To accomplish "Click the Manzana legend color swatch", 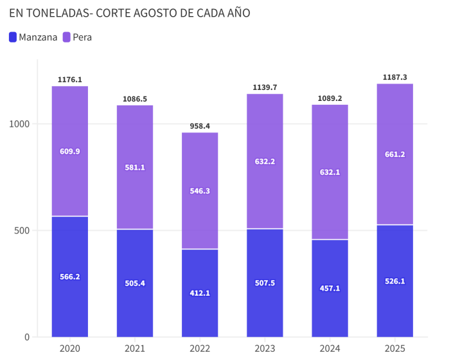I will tap(13, 37).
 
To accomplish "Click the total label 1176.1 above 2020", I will tap(70, 80).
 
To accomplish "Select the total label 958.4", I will tap(200, 126).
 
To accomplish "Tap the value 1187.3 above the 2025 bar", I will tap(394, 77).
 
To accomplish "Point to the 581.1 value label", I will tap(135, 167).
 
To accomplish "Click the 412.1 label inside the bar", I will tap(200, 293).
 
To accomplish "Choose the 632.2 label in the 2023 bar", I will tap(265, 161).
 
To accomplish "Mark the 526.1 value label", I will tap(394, 281).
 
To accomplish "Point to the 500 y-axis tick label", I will tap(22, 230).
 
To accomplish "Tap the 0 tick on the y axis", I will tap(27, 337).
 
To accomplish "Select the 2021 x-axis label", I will tap(135, 348).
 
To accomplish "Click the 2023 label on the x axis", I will tap(265, 348).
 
